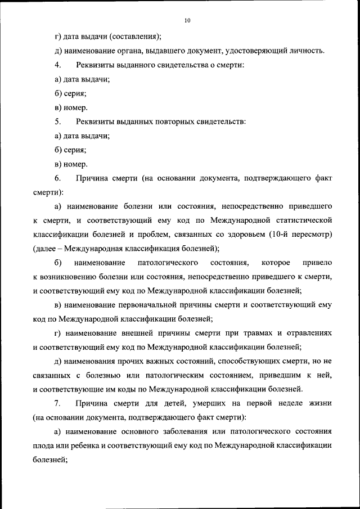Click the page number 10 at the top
point(187,21)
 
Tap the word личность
point(306,51)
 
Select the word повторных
point(164,121)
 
